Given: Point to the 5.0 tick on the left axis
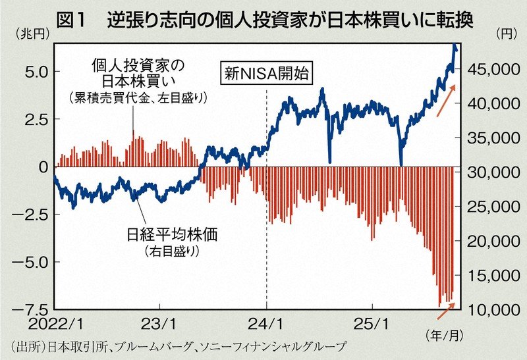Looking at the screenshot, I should [x=32, y=71].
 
